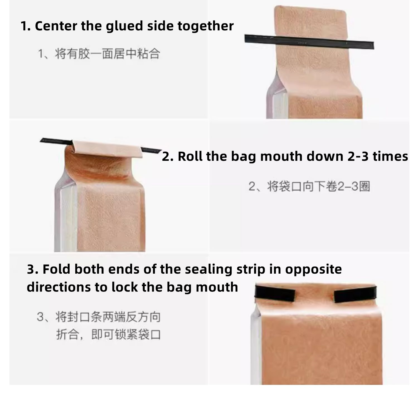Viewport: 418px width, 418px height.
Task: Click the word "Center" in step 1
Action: (x=56, y=26)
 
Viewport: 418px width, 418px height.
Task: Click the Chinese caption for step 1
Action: (x=99, y=54)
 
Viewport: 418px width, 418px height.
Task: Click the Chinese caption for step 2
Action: (x=309, y=186)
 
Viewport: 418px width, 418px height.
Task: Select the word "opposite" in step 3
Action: (x=313, y=269)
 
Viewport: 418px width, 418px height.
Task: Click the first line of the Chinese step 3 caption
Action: (x=99, y=317)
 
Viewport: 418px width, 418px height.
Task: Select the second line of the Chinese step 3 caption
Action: (x=109, y=334)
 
